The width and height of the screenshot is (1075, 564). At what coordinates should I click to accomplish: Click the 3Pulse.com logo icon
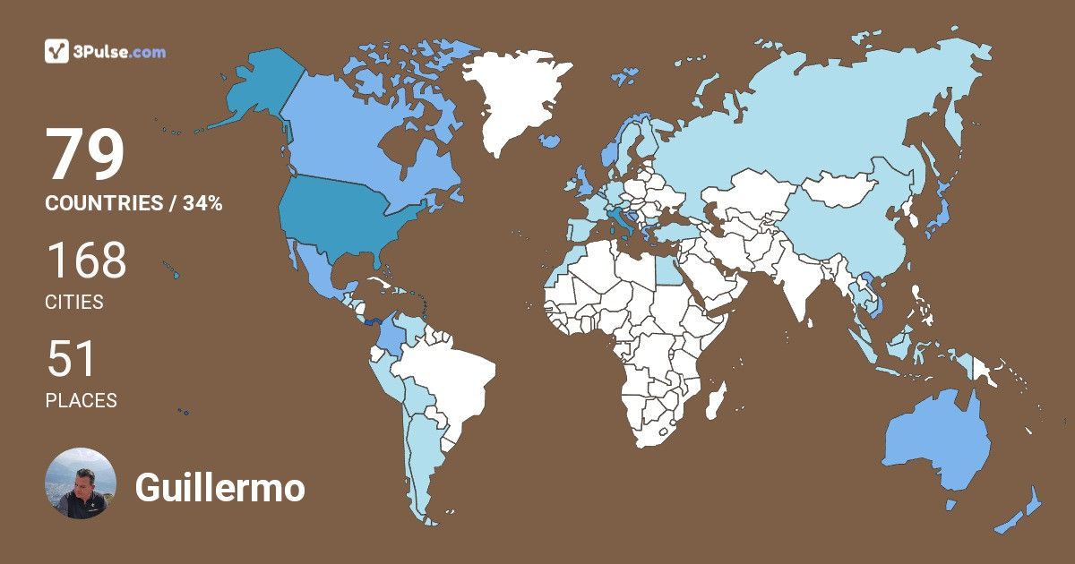coord(57,51)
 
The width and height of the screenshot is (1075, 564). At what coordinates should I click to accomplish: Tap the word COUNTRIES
coord(101,204)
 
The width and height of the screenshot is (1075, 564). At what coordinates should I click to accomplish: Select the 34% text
coord(202,204)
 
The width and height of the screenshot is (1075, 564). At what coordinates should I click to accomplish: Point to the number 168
coord(86,261)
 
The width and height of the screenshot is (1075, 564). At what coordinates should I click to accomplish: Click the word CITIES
coord(74,303)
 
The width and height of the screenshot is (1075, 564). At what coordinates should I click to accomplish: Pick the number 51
coord(71,359)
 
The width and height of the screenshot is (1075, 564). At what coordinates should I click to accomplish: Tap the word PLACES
coord(81,401)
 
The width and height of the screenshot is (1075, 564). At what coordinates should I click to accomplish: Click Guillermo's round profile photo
coord(81,483)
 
